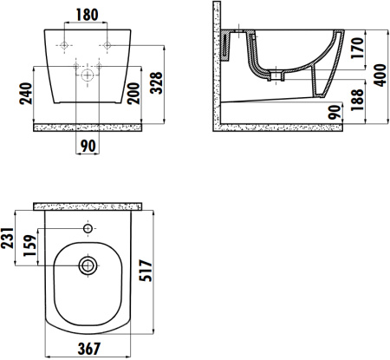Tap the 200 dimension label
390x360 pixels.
pos(133,92)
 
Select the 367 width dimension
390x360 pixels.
pos(88,349)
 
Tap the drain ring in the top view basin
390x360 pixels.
pos(88,264)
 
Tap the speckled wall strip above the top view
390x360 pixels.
pos(88,206)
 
